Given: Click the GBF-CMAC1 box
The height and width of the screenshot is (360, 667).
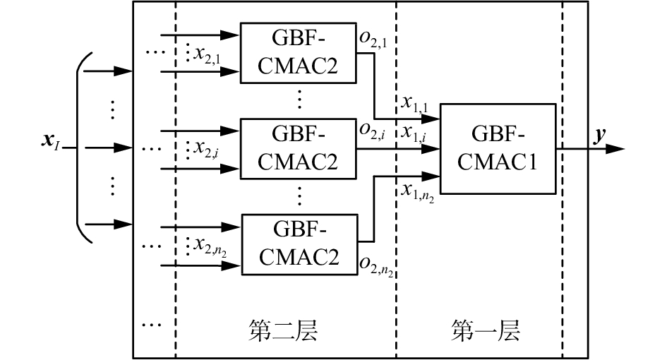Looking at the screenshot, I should click(x=498, y=149).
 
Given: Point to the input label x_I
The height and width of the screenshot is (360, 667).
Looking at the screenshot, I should click(x=52, y=150).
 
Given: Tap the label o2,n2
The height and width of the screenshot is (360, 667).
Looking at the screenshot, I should click(x=375, y=265).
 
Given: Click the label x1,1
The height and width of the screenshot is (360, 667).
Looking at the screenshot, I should click(x=416, y=103).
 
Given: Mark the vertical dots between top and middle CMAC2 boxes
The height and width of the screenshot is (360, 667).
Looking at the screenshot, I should click(x=299, y=99).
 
